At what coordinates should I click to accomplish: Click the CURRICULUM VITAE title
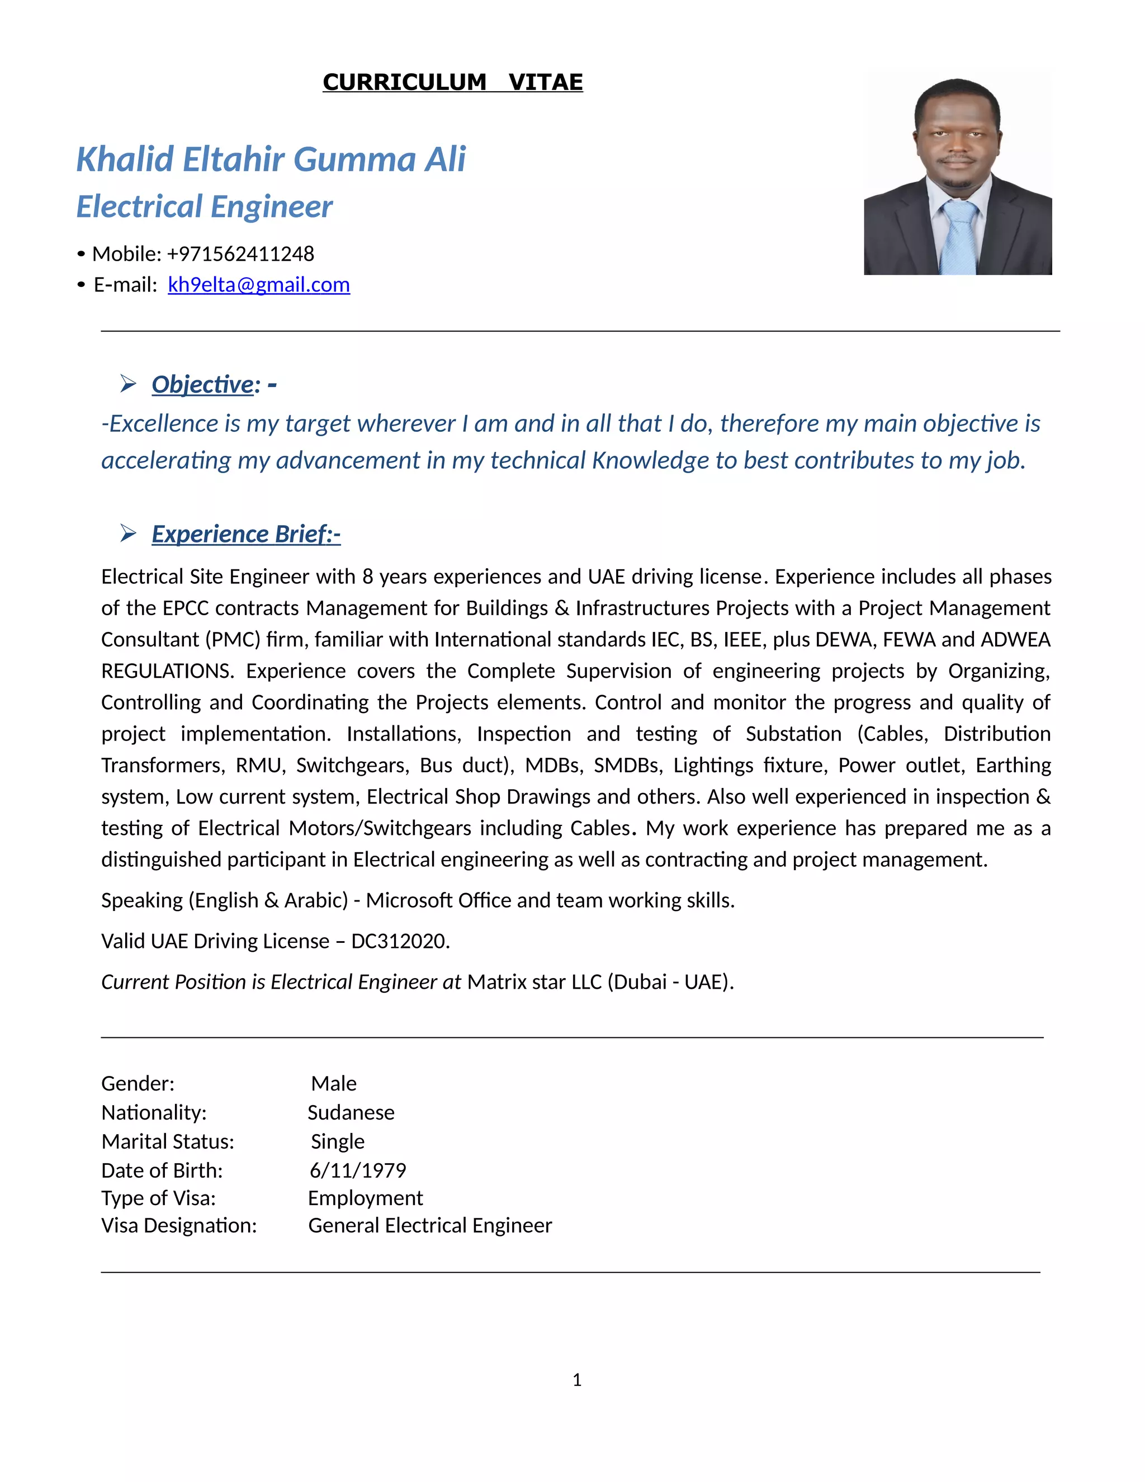tap(452, 82)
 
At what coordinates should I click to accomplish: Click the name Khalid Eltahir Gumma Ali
tap(271, 159)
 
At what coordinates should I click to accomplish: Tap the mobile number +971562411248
tap(240, 254)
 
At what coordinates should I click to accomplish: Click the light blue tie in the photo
tap(959, 238)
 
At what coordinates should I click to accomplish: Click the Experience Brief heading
tap(245, 534)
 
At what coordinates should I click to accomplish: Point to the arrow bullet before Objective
tap(128, 384)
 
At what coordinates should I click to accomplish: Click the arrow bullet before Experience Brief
tap(128, 534)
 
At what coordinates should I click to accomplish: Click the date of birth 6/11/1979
tap(357, 1171)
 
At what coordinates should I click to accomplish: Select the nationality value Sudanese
tap(351, 1113)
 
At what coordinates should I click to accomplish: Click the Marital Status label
tap(168, 1142)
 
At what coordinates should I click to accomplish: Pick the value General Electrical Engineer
tap(430, 1225)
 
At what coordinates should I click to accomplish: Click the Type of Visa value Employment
tap(365, 1198)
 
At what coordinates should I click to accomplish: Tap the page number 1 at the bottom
tap(576, 1380)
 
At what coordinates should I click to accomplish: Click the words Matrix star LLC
tap(534, 982)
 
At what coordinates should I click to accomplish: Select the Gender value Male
tap(334, 1084)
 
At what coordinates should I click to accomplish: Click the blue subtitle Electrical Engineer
tap(204, 207)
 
